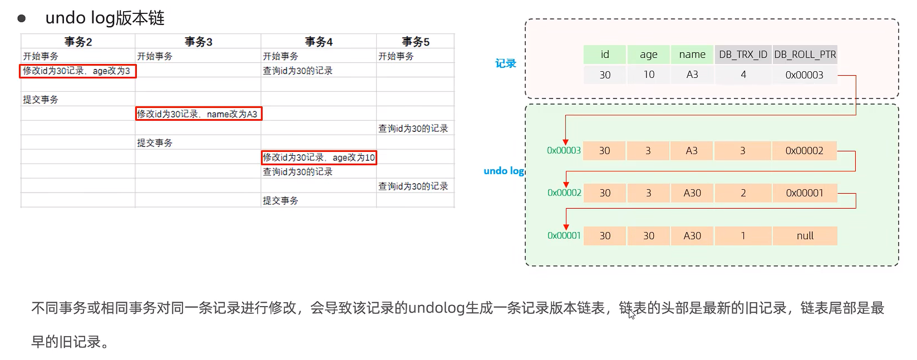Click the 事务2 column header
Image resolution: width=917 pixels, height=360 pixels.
coord(78,41)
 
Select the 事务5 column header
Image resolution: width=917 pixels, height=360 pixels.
coord(415,41)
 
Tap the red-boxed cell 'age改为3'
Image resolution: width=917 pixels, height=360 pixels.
coord(78,71)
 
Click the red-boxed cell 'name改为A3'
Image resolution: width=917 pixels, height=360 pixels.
coord(199,114)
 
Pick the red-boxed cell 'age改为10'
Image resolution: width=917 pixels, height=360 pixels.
coord(319,157)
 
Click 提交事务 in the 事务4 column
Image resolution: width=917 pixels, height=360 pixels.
coord(280,200)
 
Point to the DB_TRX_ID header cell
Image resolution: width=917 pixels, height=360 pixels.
coord(743,55)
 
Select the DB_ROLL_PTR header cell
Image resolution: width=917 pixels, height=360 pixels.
coord(805,55)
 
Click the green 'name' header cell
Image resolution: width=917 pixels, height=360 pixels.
coord(692,55)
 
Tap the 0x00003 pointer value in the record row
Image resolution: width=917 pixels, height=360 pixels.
coord(804,75)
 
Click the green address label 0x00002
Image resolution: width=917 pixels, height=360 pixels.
coord(564,193)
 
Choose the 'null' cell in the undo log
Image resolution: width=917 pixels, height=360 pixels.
coord(805,235)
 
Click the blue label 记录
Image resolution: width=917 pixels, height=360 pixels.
coord(506,63)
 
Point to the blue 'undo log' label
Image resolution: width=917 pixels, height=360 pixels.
coord(504,171)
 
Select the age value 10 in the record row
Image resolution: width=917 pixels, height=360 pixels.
coord(648,75)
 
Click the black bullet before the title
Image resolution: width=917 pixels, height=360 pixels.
coord(22,18)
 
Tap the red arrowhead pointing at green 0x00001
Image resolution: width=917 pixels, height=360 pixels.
coord(566,227)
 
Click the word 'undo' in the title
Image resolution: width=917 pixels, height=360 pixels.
coord(66,18)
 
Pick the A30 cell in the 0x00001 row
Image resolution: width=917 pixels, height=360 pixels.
coord(692,235)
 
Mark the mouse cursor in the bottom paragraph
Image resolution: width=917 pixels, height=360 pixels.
coord(632,314)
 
